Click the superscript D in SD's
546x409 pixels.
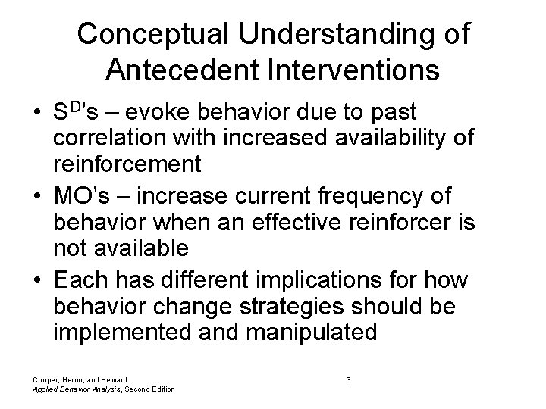(74, 108)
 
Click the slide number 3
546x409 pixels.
(347, 379)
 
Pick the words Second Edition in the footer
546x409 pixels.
(149, 389)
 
